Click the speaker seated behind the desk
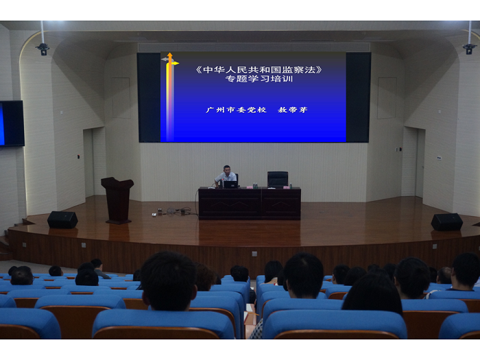[x=226, y=176]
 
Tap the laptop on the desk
[x=231, y=184]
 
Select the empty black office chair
[x=278, y=180]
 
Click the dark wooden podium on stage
[x=117, y=200]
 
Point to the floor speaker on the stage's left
[x=62, y=219]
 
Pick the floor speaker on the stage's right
[x=447, y=222]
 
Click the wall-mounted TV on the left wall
[x=12, y=123]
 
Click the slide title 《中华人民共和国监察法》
[x=259, y=70]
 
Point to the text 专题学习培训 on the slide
[x=259, y=79]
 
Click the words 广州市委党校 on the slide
[x=236, y=110]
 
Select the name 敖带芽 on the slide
[x=293, y=110]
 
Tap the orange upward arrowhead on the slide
[x=170, y=56]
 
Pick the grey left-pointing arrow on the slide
[x=165, y=60]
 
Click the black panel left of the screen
[x=149, y=97]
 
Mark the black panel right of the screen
[x=358, y=97]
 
